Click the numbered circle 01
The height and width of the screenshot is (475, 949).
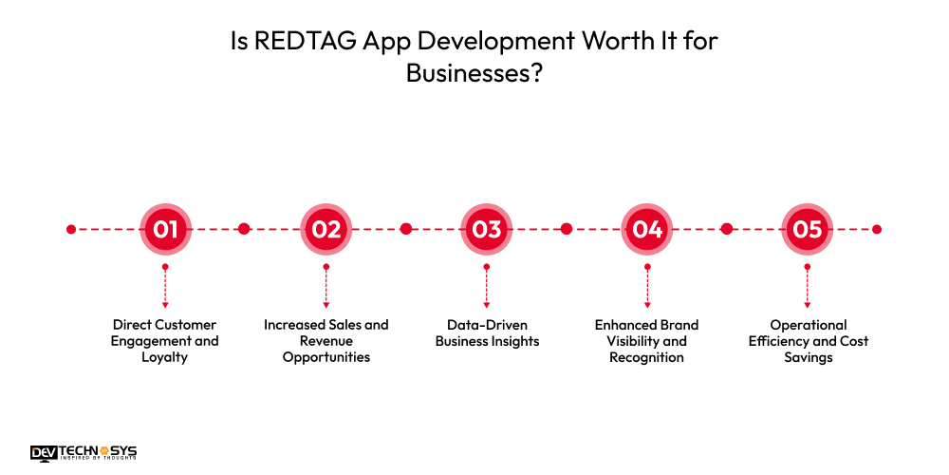point(165,229)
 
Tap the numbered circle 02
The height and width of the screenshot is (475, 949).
point(326,229)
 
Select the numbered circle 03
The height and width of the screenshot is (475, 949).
point(486,229)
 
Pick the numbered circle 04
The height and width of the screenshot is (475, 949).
point(647,229)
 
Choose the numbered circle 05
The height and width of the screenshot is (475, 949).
point(807,229)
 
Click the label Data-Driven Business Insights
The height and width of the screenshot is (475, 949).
point(487,332)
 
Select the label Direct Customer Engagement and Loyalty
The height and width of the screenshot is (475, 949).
point(165,341)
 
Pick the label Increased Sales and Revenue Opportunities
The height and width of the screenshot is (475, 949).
point(326,341)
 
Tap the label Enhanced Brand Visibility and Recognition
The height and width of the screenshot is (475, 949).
point(647,341)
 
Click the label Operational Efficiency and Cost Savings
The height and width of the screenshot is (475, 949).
point(807,341)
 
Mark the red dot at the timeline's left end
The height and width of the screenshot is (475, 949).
point(71,229)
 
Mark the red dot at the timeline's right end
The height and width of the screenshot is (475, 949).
point(877,229)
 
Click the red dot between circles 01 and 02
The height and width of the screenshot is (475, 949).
point(244,229)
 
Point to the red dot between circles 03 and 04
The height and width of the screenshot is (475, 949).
point(567,229)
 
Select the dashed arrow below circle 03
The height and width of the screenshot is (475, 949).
point(486,285)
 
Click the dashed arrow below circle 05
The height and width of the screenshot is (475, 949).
point(807,285)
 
